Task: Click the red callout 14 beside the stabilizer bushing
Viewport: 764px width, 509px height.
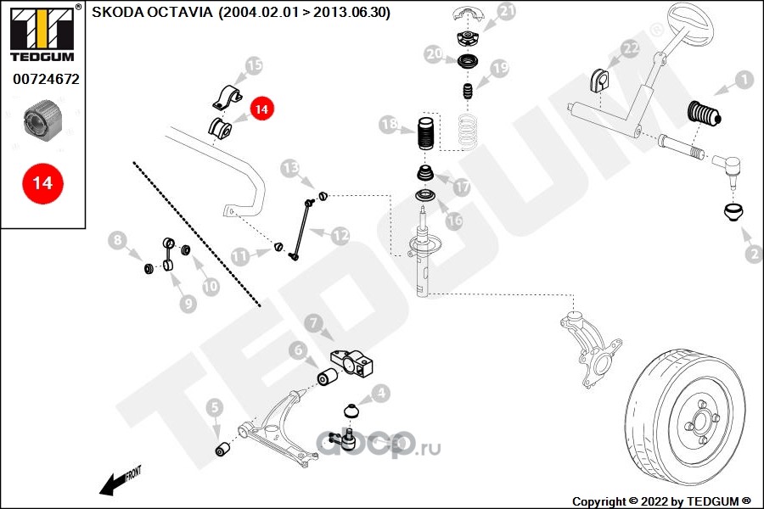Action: [261, 109]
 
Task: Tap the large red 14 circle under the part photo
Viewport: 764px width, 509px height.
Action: [43, 183]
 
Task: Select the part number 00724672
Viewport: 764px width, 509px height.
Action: [46, 79]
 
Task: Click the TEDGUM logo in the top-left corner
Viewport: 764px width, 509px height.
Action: [43, 33]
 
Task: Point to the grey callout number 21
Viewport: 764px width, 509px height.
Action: [507, 11]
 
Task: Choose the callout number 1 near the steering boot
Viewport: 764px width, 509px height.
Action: [744, 80]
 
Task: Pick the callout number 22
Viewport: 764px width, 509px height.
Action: [630, 48]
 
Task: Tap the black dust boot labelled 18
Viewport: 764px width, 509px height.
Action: [426, 134]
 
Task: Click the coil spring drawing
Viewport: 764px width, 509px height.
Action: [467, 130]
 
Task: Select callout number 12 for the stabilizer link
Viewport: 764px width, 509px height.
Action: [340, 236]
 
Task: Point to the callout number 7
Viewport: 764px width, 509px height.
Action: [313, 322]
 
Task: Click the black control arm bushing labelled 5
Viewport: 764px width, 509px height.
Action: [222, 449]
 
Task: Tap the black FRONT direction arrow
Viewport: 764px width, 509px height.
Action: [120, 482]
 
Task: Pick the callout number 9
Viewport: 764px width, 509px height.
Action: [188, 304]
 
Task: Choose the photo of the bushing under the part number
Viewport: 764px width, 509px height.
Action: [43, 120]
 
